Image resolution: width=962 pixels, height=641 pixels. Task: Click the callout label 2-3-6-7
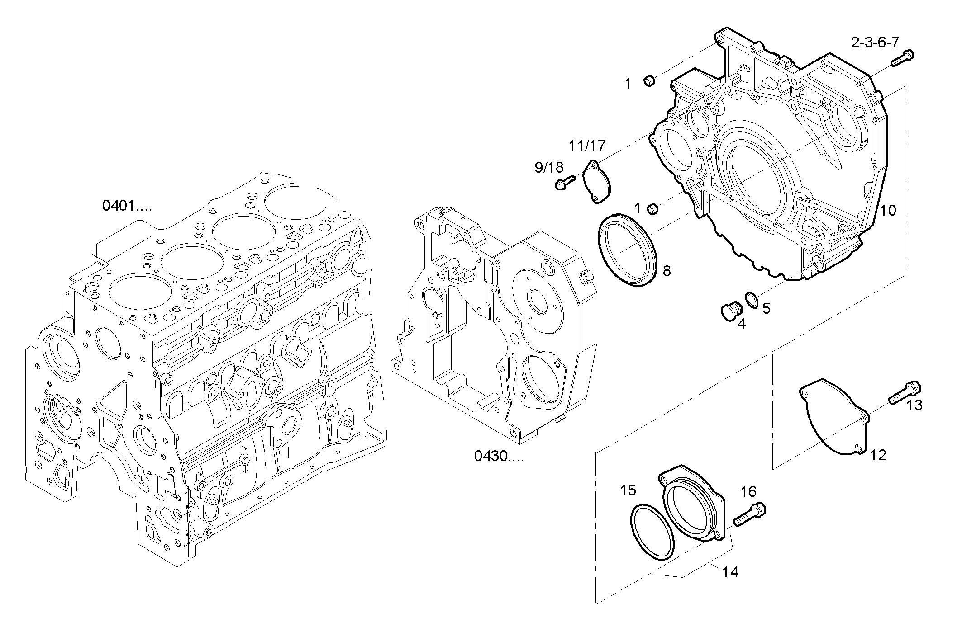tap(875, 43)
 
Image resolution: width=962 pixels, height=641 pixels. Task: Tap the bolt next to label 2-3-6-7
tap(902, 58)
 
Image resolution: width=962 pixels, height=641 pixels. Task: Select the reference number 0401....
tap(127, 206)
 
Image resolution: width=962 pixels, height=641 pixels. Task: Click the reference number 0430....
tap(498, 456)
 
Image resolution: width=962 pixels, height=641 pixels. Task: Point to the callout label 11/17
tap(587, 146)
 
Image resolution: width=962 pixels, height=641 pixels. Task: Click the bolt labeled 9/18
tap(564, 183)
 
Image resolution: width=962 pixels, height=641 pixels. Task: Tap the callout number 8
tap(667, 271)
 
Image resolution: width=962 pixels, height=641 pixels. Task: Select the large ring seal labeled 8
tap(628, 251)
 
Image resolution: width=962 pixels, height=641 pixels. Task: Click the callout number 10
tap(888, 210)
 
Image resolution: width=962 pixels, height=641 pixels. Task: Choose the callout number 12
tap(878, 455)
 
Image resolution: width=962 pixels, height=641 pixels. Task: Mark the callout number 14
tap(730, 573)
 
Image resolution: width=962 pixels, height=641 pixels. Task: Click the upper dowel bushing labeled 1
tap(649, 81)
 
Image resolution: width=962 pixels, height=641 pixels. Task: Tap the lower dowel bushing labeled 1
tap(652, 209)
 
